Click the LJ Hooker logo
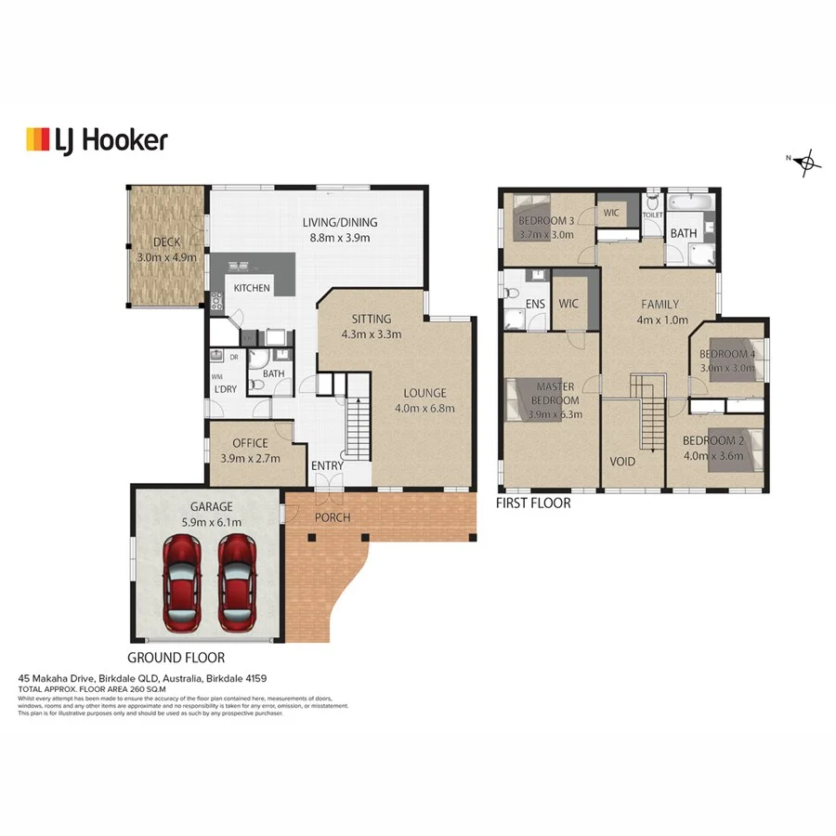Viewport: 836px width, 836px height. (x=97, y=140)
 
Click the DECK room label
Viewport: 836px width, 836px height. (x=166, y=242)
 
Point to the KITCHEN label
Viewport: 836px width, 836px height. (x=252, y=288)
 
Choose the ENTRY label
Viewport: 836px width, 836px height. (x=327, y=466)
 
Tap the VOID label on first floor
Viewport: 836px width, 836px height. (x=621, y=461)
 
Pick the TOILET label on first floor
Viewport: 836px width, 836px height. (x=652, y=214)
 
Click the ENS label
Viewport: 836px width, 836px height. (x=534, y=303)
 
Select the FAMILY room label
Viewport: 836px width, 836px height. (x=660, y=305)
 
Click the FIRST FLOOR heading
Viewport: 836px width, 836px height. (x=534, y=503)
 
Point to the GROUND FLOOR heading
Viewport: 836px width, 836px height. (x=176, y=657)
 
